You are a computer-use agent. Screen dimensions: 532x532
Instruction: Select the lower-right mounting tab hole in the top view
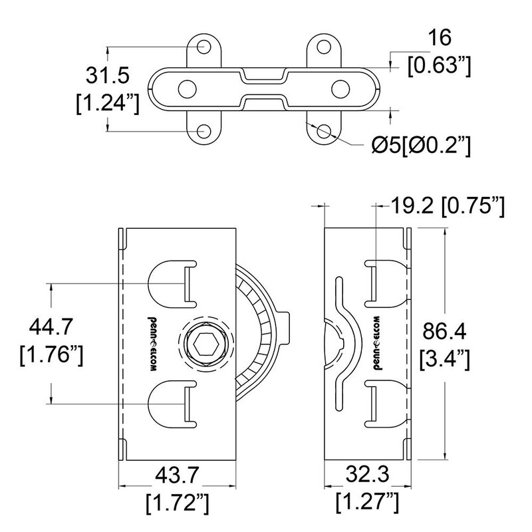324,131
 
